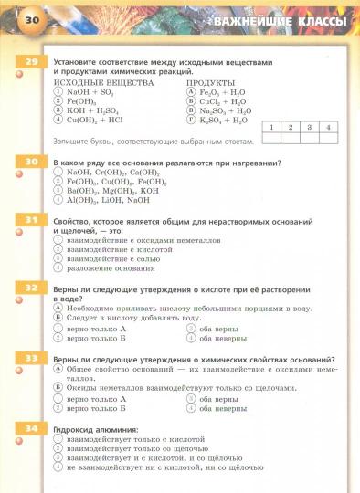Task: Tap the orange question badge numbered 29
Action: pos(31,62)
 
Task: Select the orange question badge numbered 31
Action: pos(31,222)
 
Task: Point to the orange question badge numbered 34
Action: pos(31,428)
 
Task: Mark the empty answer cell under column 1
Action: pos(271,139)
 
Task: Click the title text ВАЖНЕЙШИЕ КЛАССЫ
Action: pos(279,21)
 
